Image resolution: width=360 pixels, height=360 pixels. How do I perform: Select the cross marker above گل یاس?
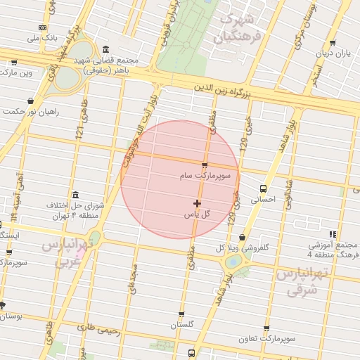197,203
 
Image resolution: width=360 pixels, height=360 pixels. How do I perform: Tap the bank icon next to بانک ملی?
44,28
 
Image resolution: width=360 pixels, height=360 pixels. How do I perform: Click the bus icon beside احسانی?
263,188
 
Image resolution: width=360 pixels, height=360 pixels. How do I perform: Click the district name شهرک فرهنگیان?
241,25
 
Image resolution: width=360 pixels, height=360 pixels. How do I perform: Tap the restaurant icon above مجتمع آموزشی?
332,234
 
